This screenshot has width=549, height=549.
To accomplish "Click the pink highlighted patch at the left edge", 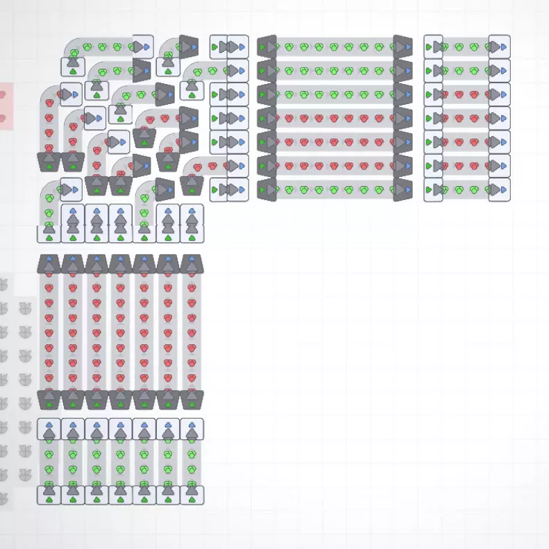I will click(x=6, y=105).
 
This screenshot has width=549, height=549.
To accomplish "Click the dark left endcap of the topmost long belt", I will click(x=267, y=47).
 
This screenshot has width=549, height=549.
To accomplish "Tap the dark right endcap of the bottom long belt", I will click(x=403, y=189).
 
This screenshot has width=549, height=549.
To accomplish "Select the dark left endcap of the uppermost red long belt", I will click(x=267, y=94).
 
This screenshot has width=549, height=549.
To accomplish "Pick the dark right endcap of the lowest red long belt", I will click(x=403, y=166).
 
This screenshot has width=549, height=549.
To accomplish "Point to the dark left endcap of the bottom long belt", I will click(x=267, y=189).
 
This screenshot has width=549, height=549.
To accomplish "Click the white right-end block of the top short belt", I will click(x=499, y=47).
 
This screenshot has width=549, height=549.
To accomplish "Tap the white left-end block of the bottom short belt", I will click(x=433, y=189).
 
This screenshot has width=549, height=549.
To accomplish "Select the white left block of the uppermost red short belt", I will click(x=433, y=94).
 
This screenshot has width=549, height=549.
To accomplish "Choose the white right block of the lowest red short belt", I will click(x=499, y=166).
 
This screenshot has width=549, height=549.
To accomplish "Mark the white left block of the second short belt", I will click(x=433, y=70).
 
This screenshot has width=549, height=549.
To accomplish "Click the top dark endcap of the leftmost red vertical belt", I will click(x=49, y=264).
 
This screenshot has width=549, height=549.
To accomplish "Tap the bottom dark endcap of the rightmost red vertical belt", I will click(x=192, y=399).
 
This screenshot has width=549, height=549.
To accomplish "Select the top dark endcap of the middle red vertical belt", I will click(x=120, y=264).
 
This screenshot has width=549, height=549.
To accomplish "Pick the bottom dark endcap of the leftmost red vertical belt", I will click(x=49, y=399).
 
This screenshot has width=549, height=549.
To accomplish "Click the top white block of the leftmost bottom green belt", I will click(x=49, y=429).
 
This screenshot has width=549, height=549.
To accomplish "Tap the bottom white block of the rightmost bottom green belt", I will click(x=192, y=494).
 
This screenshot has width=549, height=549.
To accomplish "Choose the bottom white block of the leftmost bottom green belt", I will click(x=49, y=494).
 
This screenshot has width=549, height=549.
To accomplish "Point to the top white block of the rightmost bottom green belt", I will click(x=192, y=429).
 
